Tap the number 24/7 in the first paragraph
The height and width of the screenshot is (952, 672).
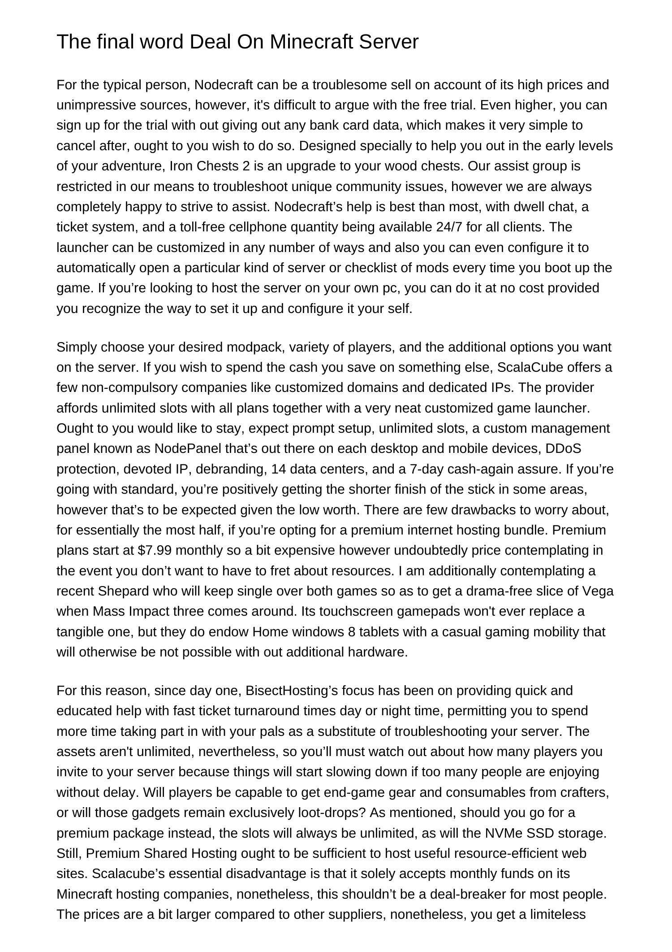point(449,227)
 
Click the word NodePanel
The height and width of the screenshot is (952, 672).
point(184,448)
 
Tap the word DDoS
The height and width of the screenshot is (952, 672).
point(563,448)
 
